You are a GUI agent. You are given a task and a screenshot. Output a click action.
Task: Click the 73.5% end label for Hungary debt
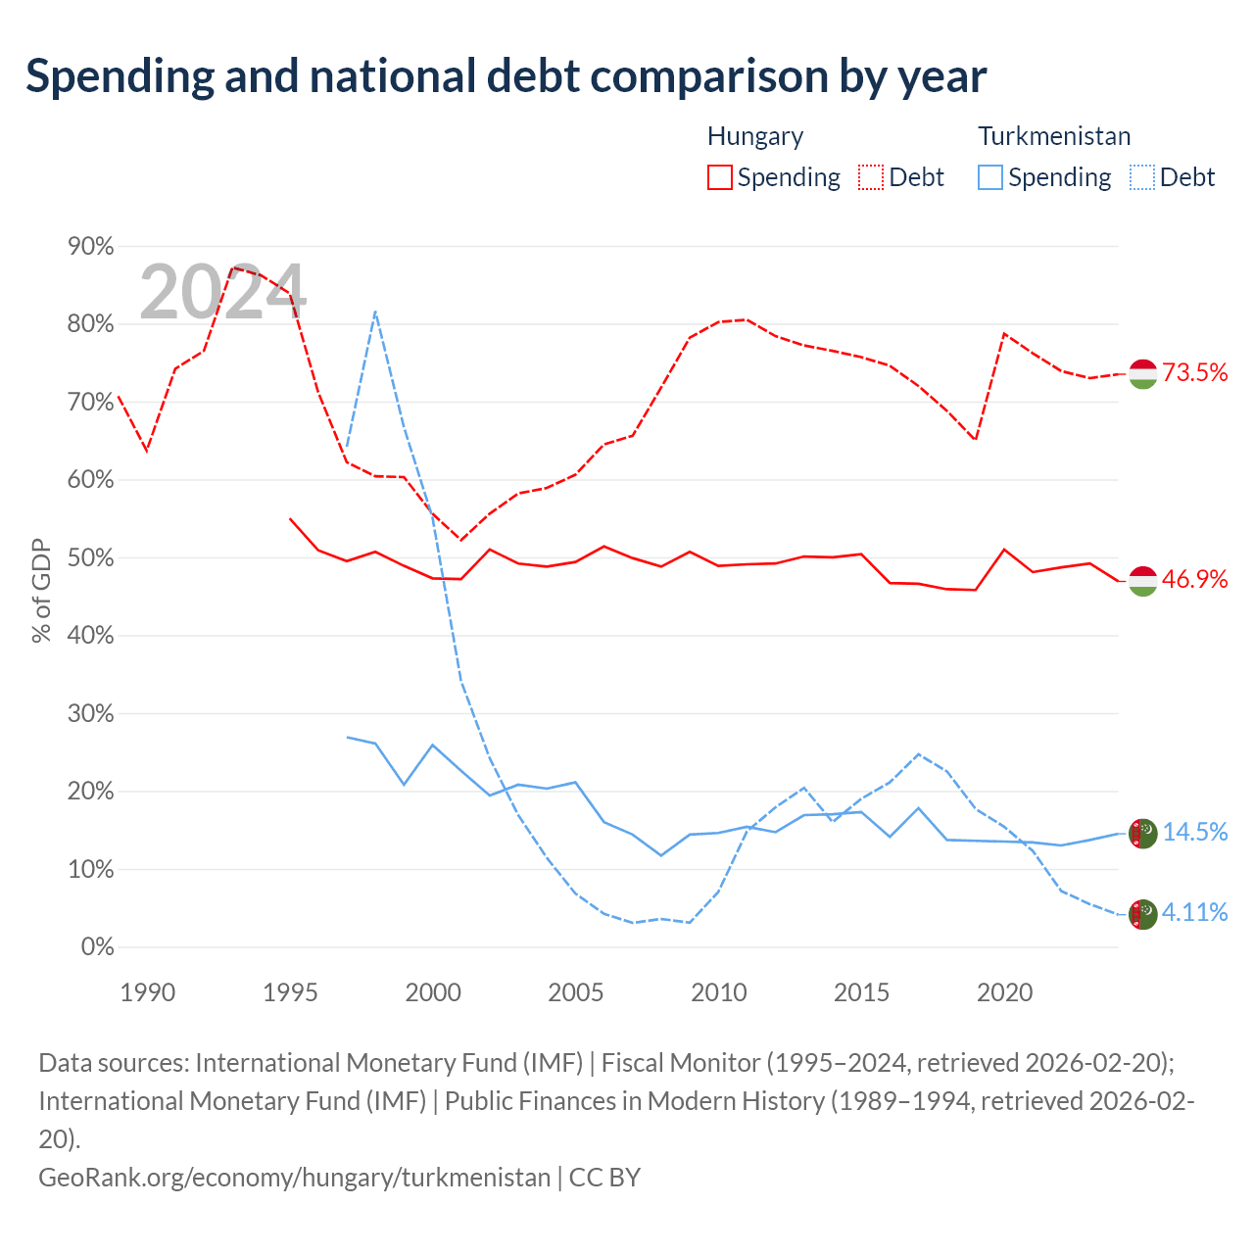(x=1194, y=372)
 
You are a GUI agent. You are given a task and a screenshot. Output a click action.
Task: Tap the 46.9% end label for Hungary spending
(x=1194, y=579)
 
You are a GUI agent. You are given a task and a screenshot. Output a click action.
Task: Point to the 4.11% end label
(x=1195, y=912)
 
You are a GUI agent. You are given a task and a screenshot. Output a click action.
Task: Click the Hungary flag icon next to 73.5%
(x=1142, y=373)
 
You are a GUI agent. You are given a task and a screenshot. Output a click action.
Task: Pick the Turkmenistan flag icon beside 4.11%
(x=1142, y=914)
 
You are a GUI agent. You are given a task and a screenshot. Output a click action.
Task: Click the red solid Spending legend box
(x=720, y=177)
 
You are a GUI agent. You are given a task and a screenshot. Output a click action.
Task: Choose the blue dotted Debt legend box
(x=1142, y=177)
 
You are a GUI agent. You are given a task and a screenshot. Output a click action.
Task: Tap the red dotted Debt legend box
(x=871, y=177)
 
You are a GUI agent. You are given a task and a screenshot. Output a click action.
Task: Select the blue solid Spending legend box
(x=990, y=177)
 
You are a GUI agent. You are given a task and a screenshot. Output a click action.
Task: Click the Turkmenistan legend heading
(x=1054, y=136)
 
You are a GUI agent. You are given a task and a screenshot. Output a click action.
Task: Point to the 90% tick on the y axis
(x=90, y=246)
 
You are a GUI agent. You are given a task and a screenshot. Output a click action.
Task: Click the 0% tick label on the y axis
(x=98, y=946)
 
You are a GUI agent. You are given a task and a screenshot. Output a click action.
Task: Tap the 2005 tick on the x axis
(x=576, y=992)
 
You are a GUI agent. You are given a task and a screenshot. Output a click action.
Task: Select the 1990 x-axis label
(x=148, y=992)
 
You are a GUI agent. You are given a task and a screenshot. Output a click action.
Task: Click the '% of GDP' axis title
(x=41, y=590)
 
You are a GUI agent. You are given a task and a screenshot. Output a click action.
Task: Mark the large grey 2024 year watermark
(x=222, y=292)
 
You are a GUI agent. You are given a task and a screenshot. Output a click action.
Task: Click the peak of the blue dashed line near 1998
(x=375, y=312)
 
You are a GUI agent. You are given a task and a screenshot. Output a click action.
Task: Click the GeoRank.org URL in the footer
(x=295, y=1178)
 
